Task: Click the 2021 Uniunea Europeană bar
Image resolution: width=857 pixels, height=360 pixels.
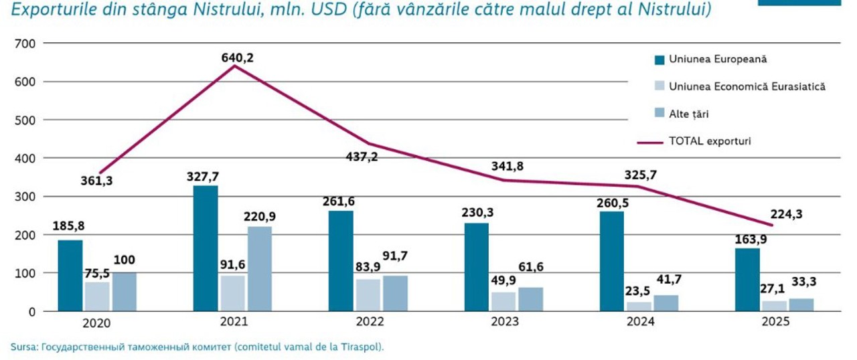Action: [206, 248]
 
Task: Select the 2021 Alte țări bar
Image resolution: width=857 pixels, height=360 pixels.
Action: [260, 269]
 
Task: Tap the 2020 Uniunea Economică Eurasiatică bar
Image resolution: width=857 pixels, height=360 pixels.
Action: [97, 296]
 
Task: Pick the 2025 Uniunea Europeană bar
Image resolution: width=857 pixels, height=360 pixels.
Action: [747, 280]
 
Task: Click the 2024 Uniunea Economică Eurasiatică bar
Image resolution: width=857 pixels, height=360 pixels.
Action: [639, 306]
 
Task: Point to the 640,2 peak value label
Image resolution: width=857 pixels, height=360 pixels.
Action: [237, 58]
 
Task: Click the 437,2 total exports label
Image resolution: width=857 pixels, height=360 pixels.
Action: [362, 157]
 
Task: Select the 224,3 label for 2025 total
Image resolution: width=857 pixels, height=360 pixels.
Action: [786, 214]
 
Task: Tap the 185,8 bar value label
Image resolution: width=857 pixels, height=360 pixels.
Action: [68, 226]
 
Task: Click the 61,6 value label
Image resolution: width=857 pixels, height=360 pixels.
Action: [531, 267]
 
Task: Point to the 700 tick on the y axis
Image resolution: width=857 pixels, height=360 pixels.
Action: [25, 43]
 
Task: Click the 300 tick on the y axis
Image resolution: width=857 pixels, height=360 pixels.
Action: [25, 197]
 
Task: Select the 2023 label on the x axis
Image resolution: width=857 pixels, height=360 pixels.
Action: [505, 321]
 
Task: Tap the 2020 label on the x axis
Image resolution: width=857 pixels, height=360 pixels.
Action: [96, 323]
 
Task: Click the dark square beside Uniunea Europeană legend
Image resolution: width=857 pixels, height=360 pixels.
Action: [659, 60]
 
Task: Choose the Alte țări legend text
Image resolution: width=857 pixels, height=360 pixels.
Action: [689, 114]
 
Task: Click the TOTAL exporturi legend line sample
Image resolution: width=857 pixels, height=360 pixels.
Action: [650, 143]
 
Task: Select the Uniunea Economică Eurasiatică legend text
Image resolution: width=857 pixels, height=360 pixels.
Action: [747, 86]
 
